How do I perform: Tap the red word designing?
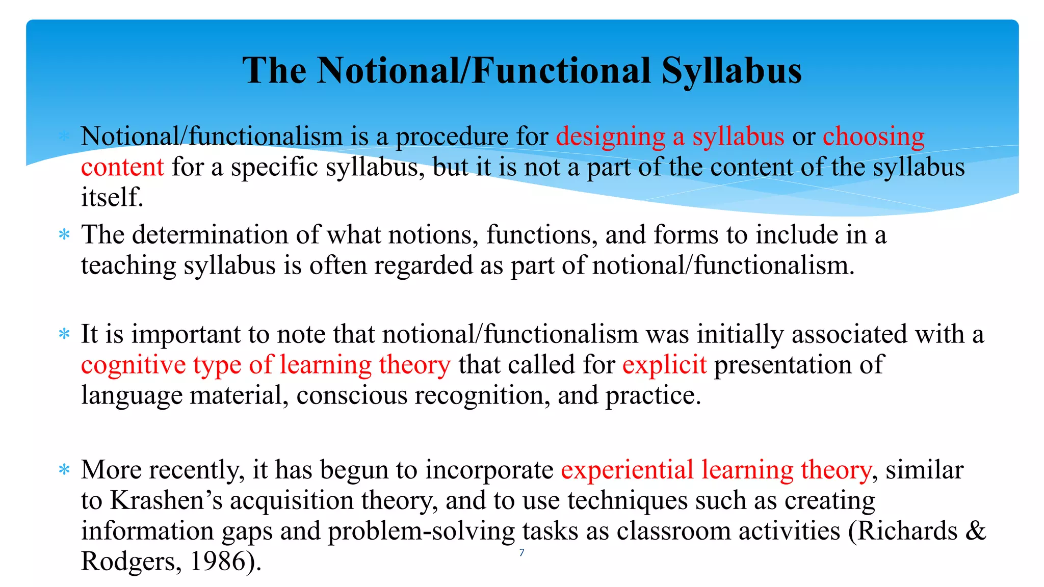coord(610,137)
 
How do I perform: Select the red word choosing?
coord(873,137)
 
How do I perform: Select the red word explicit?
coord(664,365)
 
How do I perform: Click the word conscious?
coord(352,395)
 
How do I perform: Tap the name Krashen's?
coord(166,500)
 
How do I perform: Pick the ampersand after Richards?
coord(975,531)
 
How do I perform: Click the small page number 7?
coord(521,553)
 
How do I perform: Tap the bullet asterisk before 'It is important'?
coord(64,335)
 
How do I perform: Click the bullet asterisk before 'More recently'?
coord(64,470)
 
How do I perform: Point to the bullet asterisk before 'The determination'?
coord(64,235)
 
